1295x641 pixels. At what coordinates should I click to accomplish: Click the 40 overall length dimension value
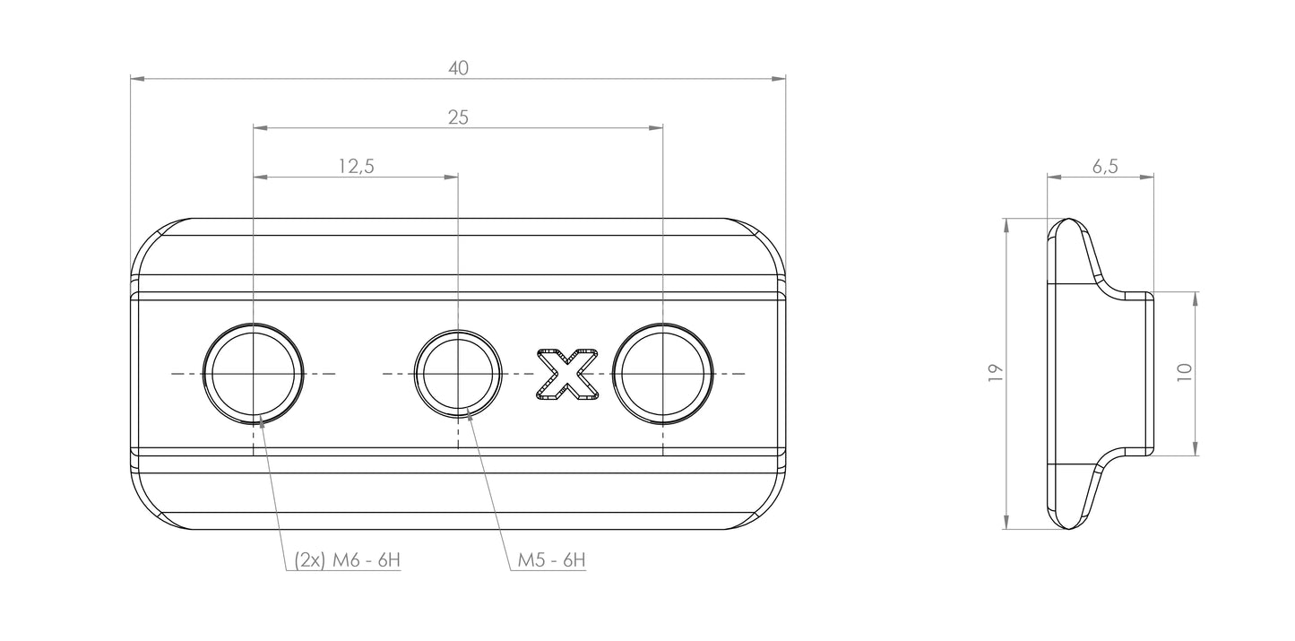point(459,68)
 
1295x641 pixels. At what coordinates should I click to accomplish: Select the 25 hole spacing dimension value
point(459,117)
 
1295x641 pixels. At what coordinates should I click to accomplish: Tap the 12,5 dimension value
point(356,167)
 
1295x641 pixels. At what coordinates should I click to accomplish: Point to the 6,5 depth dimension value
point(1105,167)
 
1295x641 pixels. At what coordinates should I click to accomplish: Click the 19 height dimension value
point(995,373)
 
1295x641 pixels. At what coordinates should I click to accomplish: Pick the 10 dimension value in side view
point(1185,372)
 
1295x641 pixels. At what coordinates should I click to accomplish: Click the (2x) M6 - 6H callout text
point(348,560)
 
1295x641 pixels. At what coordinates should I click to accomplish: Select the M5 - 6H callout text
point(551,560)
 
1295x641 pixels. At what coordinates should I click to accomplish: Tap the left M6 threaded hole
point(254,374)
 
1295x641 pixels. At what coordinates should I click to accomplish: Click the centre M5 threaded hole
point(458,374)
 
